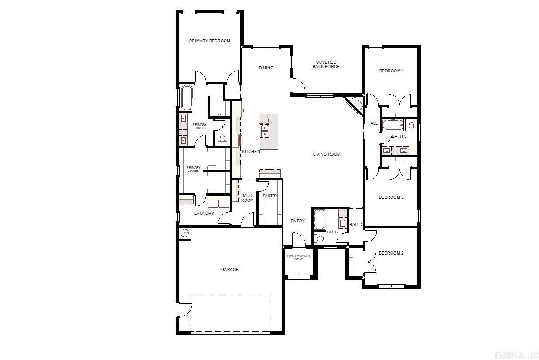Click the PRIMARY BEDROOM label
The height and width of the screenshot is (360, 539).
pos(209,41)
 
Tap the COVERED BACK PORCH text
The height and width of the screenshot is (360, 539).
pos(326,65)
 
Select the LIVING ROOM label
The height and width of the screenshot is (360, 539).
pos(327,154)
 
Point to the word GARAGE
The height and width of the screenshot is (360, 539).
pos(229,270)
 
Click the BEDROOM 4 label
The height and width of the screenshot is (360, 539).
pos(391,71)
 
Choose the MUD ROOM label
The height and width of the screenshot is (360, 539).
pos(247,198)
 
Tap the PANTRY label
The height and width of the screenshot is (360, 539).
pos(270,196)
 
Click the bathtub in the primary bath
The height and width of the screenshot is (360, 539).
pos(187,98)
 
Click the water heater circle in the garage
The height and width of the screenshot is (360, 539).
pos(185,233)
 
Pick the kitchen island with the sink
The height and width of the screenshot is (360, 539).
pos(269,132)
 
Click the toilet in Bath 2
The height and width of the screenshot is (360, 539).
pos(319,238)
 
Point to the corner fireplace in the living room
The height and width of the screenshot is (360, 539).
pos(355,105)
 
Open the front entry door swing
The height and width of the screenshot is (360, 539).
pos(298,239)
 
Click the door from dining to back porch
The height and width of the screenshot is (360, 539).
pos(298,85)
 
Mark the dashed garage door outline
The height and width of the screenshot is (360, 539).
pos(230,314)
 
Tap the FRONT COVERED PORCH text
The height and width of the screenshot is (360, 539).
pos(298,258)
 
